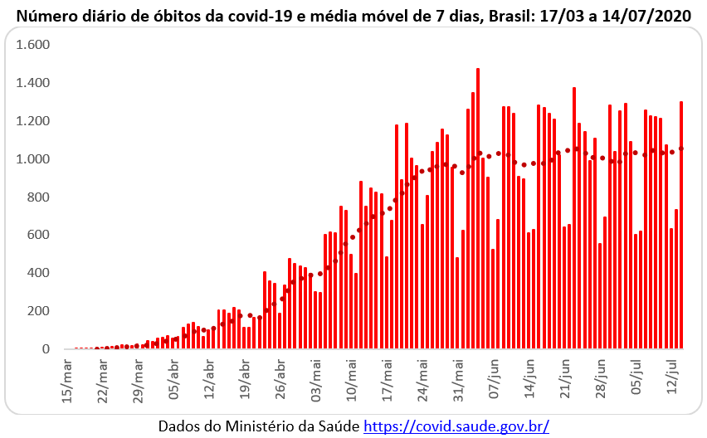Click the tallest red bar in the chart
[x=478, y=207]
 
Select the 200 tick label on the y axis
[x=38, y=311]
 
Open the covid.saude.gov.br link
[x=456, y=426]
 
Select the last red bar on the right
[x=681, y=224]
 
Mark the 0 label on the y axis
[x=46, y=349]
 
